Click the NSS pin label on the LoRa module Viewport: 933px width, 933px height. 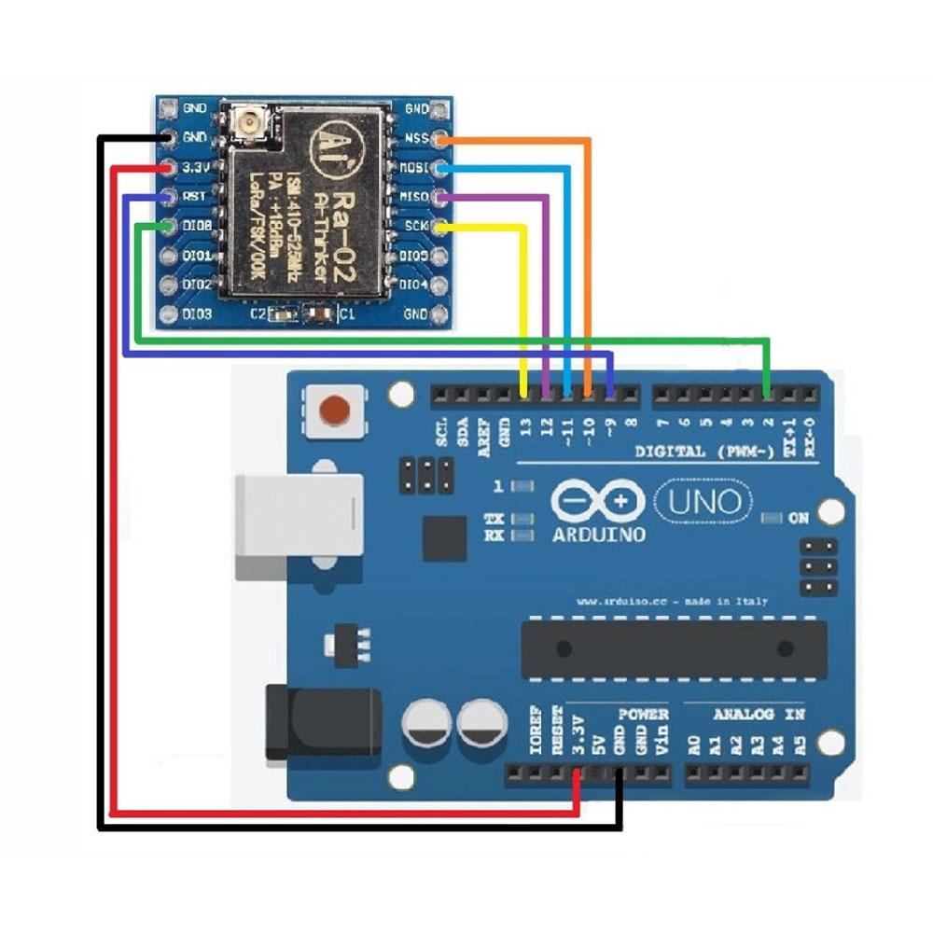click(416, 139)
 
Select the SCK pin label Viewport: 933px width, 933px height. click(416, 227)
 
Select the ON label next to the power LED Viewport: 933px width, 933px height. click(799, 518)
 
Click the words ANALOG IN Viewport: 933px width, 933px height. click(759, 715)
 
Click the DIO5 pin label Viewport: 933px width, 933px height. click(413, 256)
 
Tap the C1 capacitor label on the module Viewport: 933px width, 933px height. click(346, 315)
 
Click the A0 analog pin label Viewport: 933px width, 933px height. click(693, 745)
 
